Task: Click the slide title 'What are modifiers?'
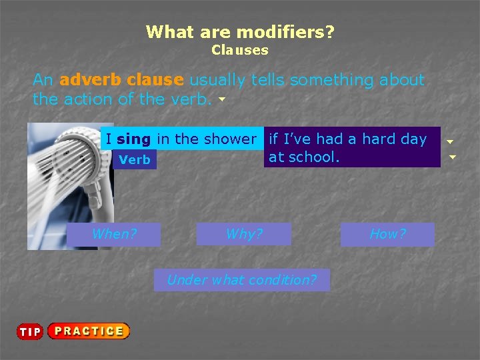pyautogui.click(x=240, y=31)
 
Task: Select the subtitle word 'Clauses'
pyautogui.click(x=240, y=50)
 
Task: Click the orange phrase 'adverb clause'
pyautogui.click(x=121, y=80)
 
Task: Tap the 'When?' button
pyautogui.click(x=114, y=234)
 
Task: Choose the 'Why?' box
pyautogui.click(x=244, y=234)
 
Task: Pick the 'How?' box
pyautogui.click(x=387, y=234)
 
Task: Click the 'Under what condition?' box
pyautogui.click(x=241, y=280)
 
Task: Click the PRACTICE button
pyautogui.click(x=89, y=331)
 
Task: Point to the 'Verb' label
pyautogui.click(x=135, y=160)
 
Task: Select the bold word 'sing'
pyautogui.click(x=133, y=139)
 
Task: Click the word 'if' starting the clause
pyautogui.click(x=273, y=139)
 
